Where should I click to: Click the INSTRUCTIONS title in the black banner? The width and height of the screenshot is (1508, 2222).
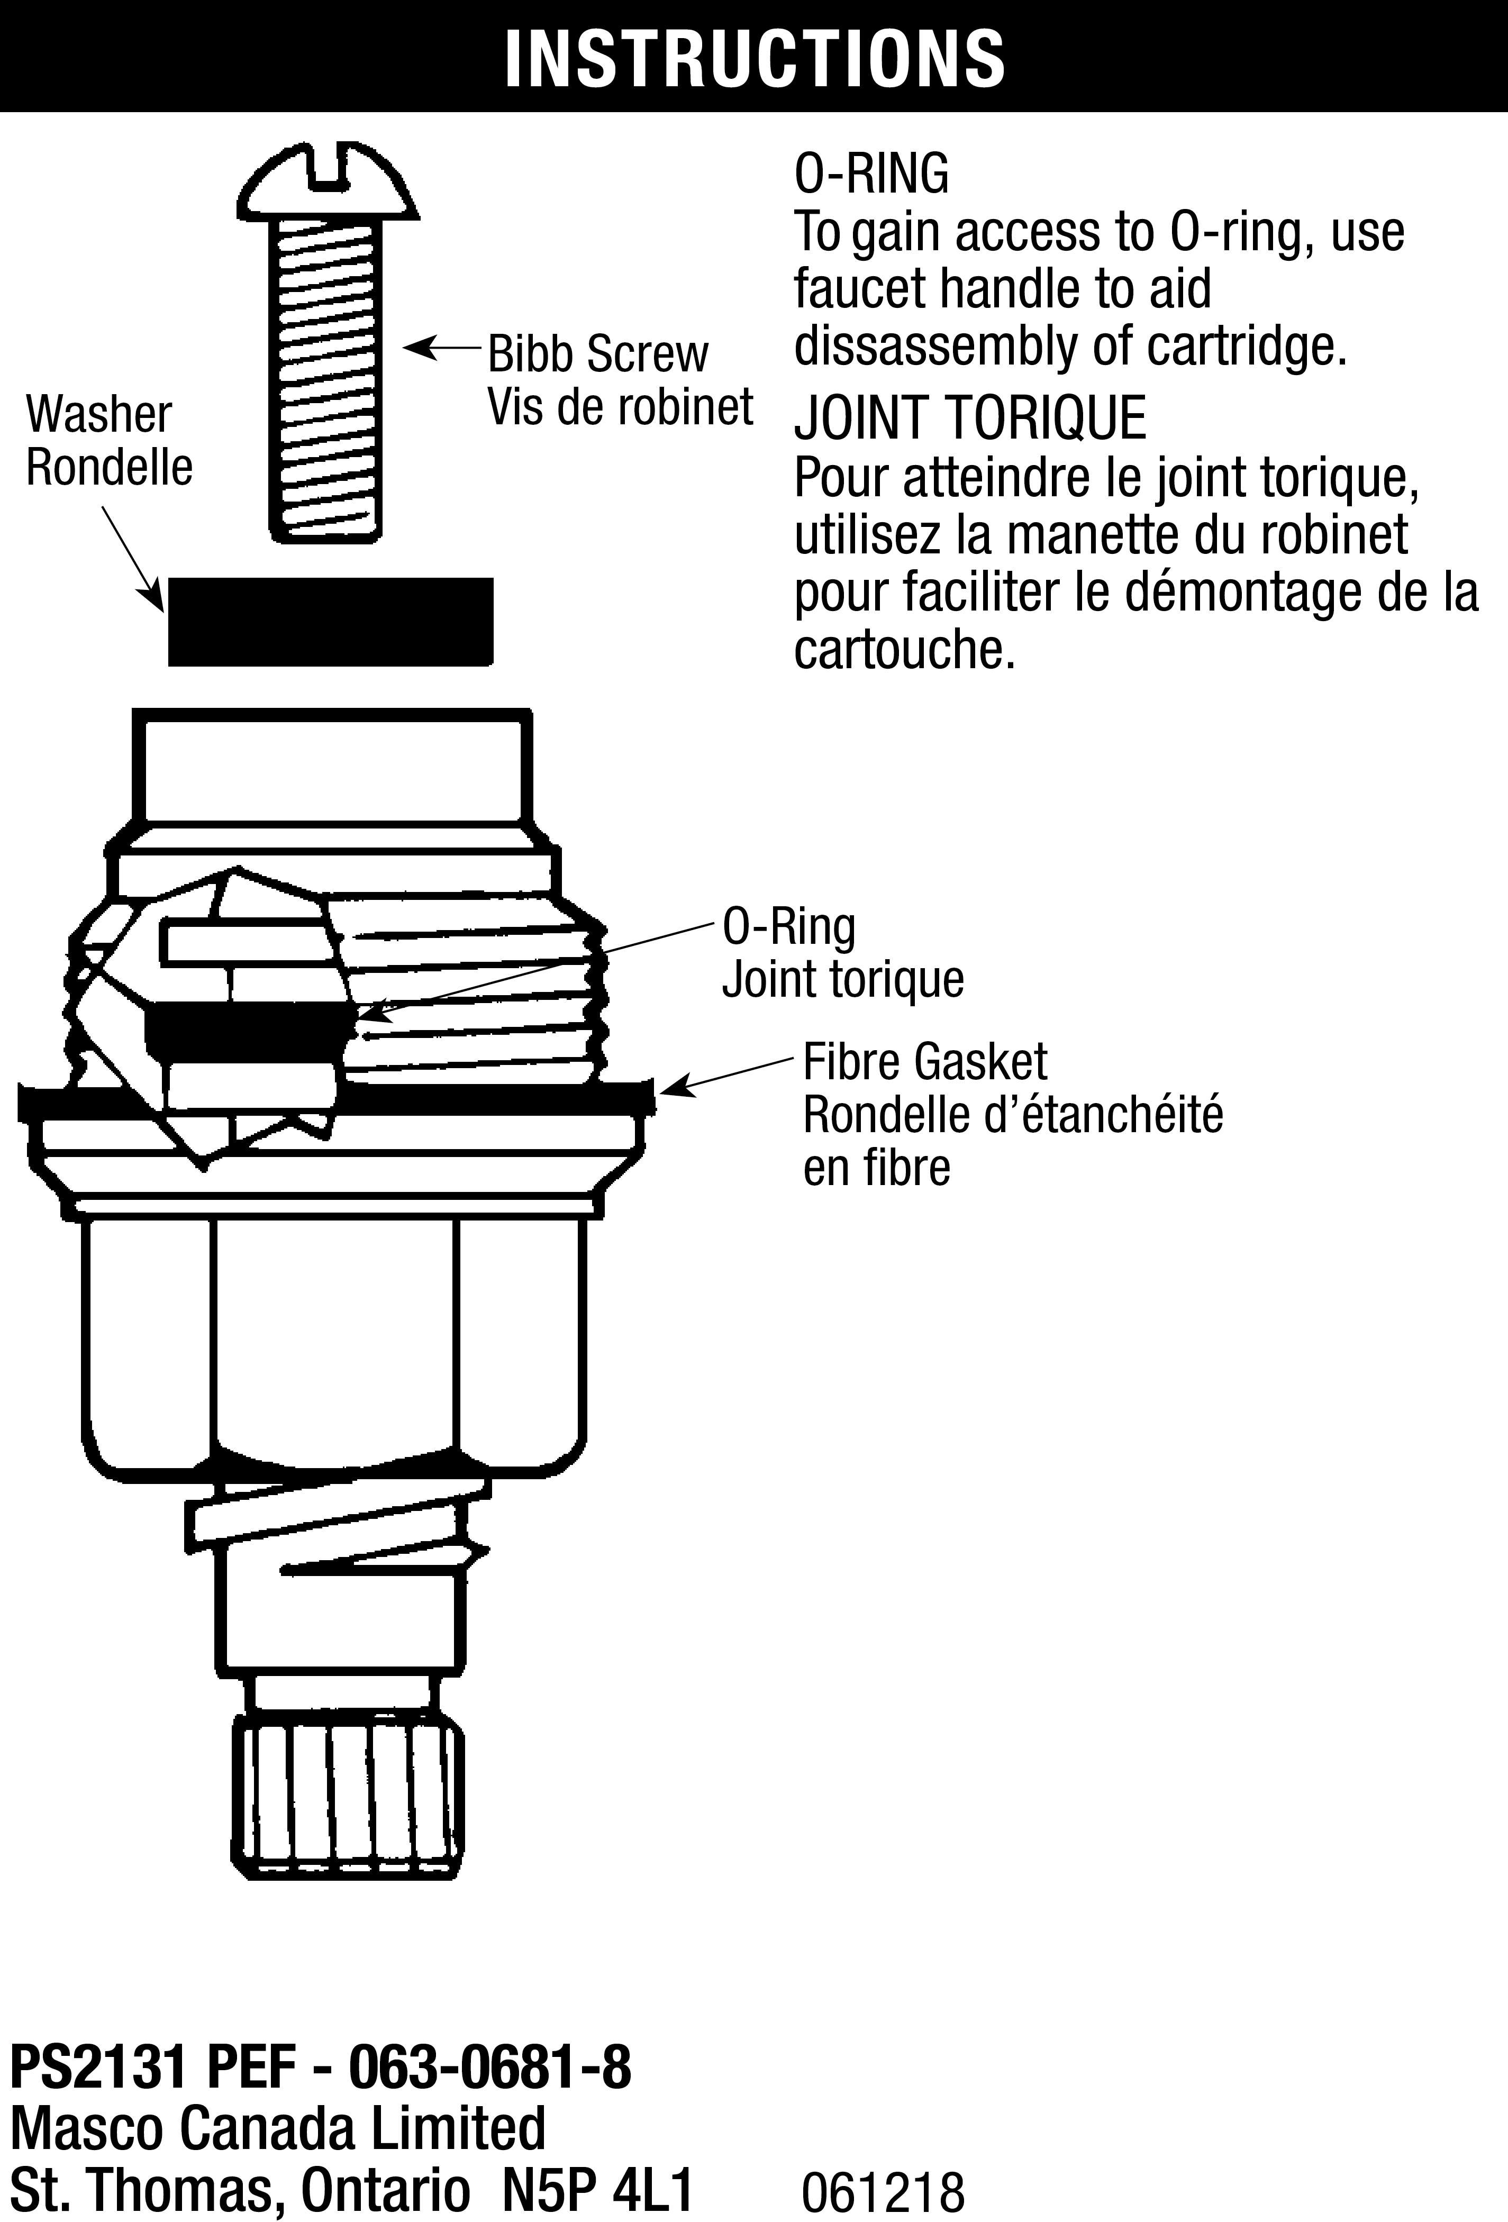tap(753, 57)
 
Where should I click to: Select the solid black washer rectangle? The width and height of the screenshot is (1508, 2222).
tap(330, 622)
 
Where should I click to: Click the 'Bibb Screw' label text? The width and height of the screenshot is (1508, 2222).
tap(598, 354)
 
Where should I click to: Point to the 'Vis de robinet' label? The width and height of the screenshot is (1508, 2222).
tap(620, 407)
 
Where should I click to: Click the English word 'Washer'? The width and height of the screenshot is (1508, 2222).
tap(98, 415)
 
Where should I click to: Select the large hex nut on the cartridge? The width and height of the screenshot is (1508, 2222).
tap(335, 1338)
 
